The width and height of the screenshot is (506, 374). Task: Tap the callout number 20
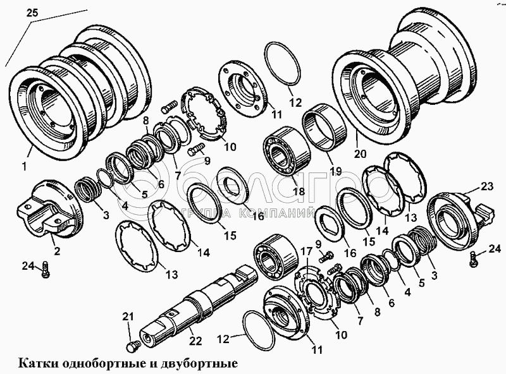[361, 154]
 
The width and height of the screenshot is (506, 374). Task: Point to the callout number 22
[195, 341]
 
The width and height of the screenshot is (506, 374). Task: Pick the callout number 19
[334, 170]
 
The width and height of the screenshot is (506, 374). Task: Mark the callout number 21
[128, 316]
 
